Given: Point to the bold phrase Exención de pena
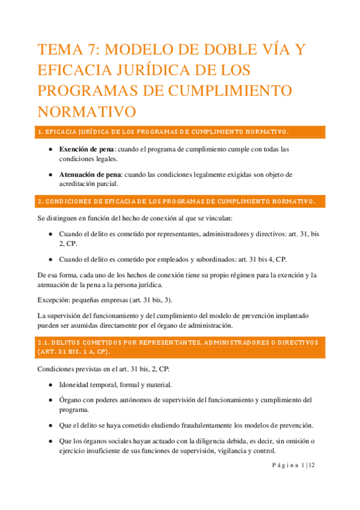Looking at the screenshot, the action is tap(88, 149).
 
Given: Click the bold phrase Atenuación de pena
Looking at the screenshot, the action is tap(92, 174).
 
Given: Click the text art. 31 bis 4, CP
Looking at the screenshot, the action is tap(261, 259).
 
